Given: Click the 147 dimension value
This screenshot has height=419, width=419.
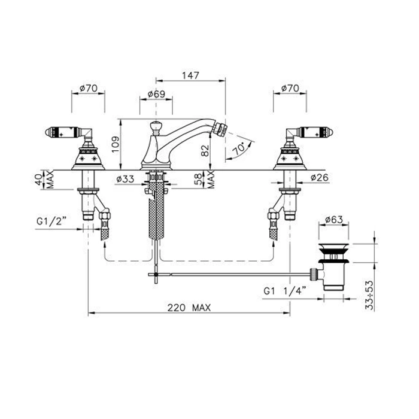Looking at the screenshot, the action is (x=191, y=75).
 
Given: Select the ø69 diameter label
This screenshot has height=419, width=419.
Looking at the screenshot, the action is (x=156, y=94).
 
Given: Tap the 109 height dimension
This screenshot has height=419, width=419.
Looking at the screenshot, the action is (x=116, y=145).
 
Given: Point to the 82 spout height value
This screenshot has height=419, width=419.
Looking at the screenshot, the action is (x=205, y=151).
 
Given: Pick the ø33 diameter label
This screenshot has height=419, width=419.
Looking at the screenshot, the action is (x=125, y=179).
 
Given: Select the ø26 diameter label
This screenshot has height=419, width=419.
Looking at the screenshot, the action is (x=320, y=177).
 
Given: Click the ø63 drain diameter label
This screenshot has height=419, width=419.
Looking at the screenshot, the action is (x=334, y=220).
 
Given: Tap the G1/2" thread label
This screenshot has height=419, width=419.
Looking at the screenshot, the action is (x=51, y=221).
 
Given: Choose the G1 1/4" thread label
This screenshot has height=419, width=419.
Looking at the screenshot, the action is (x=285, y=290).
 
